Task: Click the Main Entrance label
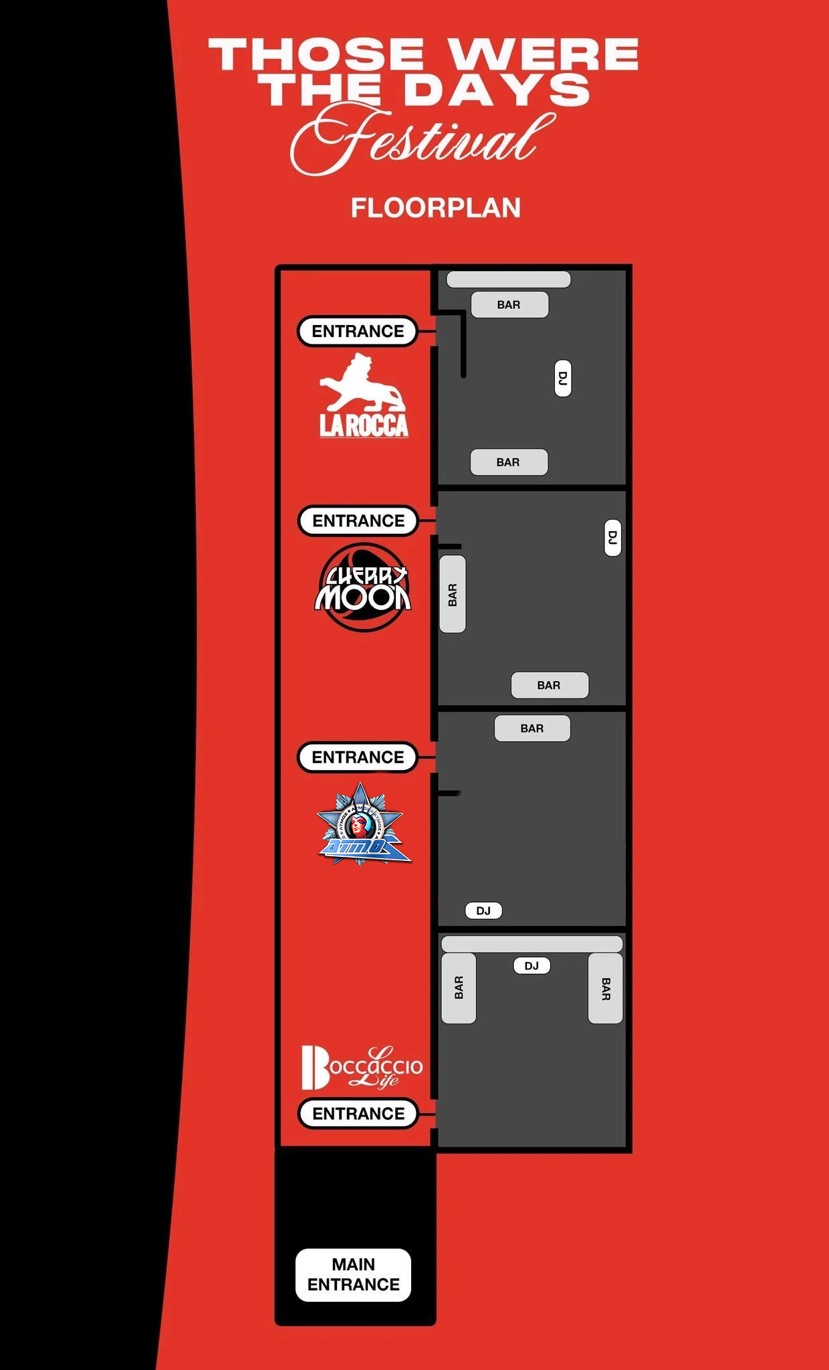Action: point(353,1274)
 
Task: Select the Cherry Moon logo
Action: point(363,588)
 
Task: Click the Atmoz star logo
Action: point(362,825)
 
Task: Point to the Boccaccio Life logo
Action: point(362,1067)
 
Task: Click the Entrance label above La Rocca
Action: point(358,331)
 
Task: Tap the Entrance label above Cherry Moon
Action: point(358,520)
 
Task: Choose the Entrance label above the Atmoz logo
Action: point(358,757)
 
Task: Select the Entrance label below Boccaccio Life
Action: point(358,1114)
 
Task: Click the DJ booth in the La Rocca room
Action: point(563,378)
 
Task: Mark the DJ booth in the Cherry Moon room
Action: point(612,537)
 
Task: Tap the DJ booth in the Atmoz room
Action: point(483,910)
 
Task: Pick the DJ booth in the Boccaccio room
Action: point(531,966)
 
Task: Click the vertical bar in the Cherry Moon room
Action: point(453,594)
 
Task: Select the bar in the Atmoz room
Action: point(532,728)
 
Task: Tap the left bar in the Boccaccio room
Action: point(459,988)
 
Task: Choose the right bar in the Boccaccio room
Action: point(605,988)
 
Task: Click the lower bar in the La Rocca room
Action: point(509,462)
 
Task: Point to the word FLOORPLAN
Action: point(435,208)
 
